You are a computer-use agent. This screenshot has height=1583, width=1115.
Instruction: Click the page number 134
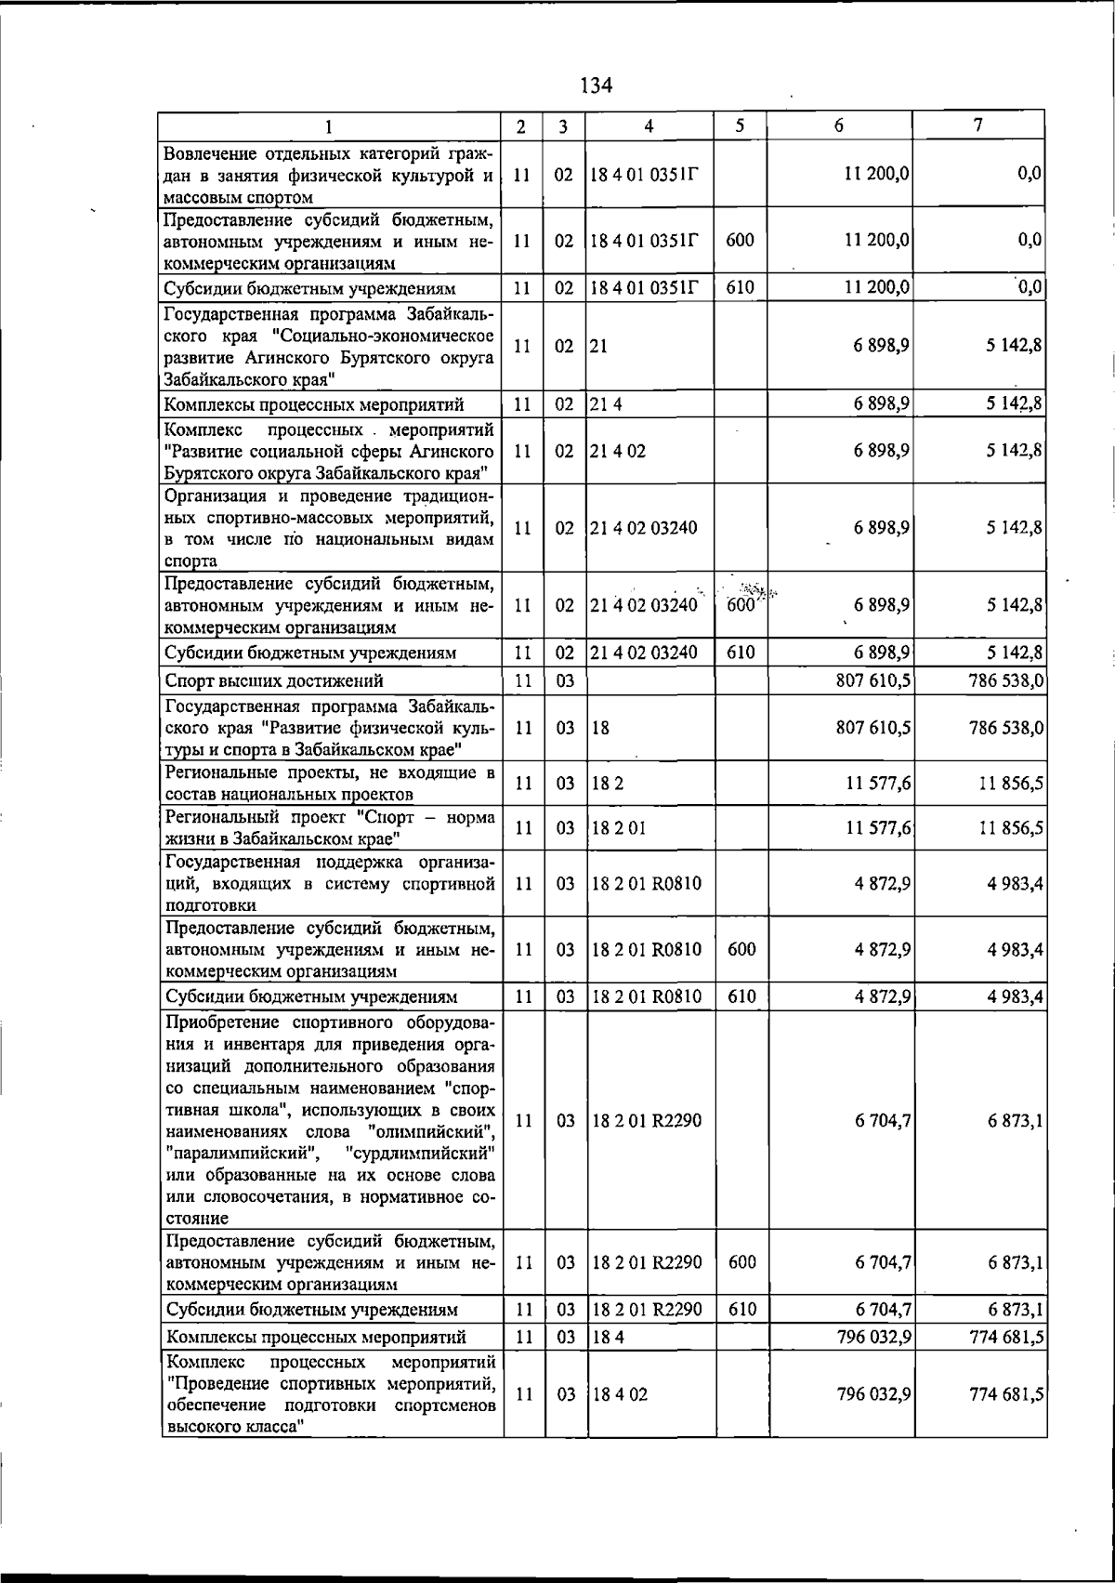596,86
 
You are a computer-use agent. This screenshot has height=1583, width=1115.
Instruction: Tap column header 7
977,125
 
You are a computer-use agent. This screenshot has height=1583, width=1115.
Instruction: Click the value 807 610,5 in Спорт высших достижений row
873,680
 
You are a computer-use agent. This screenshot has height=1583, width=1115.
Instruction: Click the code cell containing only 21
598,345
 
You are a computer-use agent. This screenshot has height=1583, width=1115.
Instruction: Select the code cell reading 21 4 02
618,451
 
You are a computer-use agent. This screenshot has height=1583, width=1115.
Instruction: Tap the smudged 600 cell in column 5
740,602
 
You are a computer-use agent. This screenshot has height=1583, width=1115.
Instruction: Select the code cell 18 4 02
618,1394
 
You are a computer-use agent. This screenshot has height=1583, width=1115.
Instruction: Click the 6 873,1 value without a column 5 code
1016,1121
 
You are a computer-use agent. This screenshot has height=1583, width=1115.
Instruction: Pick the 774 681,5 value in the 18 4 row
1006,1337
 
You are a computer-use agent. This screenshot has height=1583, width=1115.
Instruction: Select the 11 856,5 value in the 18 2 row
1011,784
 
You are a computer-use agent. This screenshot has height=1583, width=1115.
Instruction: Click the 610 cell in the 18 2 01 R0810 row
740,996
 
